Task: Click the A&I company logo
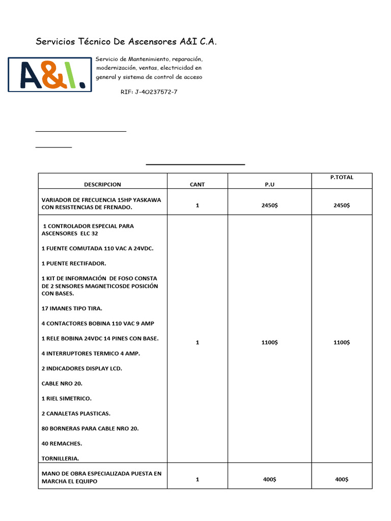click(x=49, y=74)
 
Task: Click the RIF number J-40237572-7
click(x=149, y=92)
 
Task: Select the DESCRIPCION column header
click(x=102, y=185)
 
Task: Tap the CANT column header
click(x=197, y=185)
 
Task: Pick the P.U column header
click(x=269, y=185)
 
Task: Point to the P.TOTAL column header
click(x=342, y=178)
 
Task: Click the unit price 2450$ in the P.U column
click(x=269, y=206)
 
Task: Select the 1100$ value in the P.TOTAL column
click(x=342, y=342)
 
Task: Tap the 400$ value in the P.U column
click(x=269, y=480)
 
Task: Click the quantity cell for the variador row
click(x=197, y=206)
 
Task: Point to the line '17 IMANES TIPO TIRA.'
click(x=72, y=308)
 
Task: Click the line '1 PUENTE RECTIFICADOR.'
click(x=74, y=264)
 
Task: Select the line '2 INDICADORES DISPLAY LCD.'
click(x=81, y=368)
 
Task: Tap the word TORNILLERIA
click(x=60, y=458)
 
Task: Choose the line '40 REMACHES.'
click(x=62, y=444)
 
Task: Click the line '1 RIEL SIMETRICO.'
click(x=66, y=398)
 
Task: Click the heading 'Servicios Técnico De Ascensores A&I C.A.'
click(x=126, y=42)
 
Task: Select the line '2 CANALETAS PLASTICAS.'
click(x=76, y=414)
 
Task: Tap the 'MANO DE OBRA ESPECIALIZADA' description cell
click(x=101, y=477)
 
